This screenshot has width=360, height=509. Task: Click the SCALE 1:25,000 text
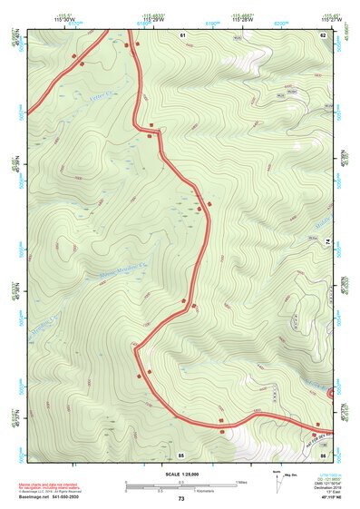(180, 474)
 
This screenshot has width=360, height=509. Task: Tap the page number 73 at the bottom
(180, 499)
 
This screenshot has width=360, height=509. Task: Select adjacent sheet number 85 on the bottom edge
(181, 454)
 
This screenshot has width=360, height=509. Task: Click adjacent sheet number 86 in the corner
(324, 454)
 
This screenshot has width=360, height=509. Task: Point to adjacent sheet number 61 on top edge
(182, 34)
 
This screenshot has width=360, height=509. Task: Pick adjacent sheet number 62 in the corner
(323, 34)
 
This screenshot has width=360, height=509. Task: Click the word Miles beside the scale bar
(241, 482)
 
